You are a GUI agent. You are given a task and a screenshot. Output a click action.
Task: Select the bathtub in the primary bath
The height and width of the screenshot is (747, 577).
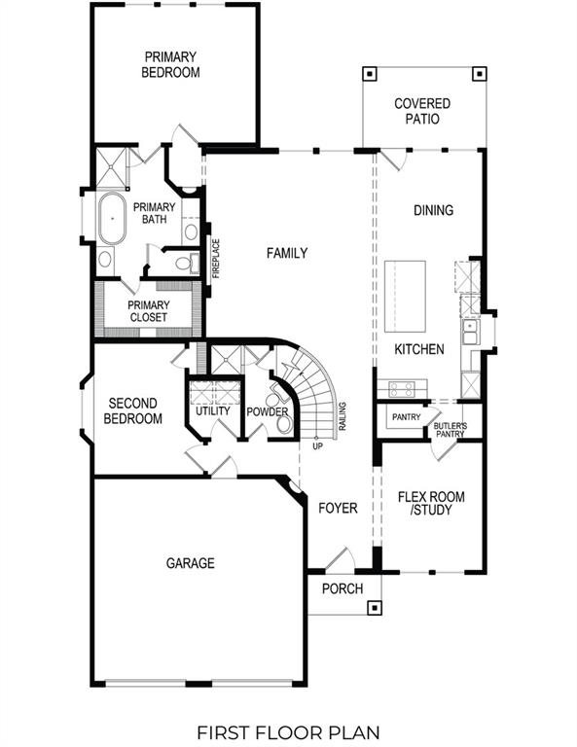point(112,220)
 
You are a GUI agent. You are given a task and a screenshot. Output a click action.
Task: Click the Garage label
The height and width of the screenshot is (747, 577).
point(190,563)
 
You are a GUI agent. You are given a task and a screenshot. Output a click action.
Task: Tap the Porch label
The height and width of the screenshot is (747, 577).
point(343,588)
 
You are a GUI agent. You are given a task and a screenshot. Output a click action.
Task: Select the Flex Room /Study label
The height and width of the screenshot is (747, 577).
point(431,503)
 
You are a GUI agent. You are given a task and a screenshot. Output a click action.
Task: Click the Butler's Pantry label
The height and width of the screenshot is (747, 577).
point(450,430)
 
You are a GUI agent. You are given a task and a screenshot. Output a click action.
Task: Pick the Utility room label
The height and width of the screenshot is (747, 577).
point(213,410)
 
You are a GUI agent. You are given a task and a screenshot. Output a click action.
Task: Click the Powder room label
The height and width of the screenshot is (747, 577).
point(268,411)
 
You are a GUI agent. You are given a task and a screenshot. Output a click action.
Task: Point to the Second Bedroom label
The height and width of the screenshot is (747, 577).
point(134,410)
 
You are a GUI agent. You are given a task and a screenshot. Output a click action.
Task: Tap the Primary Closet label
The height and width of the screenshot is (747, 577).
point(148,311)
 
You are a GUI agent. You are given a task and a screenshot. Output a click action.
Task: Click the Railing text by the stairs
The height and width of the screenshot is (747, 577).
point(343,416)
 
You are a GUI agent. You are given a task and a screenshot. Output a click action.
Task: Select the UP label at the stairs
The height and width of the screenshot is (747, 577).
point(317,446)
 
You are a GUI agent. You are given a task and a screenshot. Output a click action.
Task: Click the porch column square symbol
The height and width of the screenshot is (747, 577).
point(373,608)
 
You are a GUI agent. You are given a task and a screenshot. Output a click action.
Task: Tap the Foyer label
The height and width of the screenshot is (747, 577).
point(338,508)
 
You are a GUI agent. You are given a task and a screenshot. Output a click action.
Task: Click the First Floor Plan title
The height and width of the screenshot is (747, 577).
point(288,730)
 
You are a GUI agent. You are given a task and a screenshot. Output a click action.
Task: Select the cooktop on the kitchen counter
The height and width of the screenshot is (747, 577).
point(402,389)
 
